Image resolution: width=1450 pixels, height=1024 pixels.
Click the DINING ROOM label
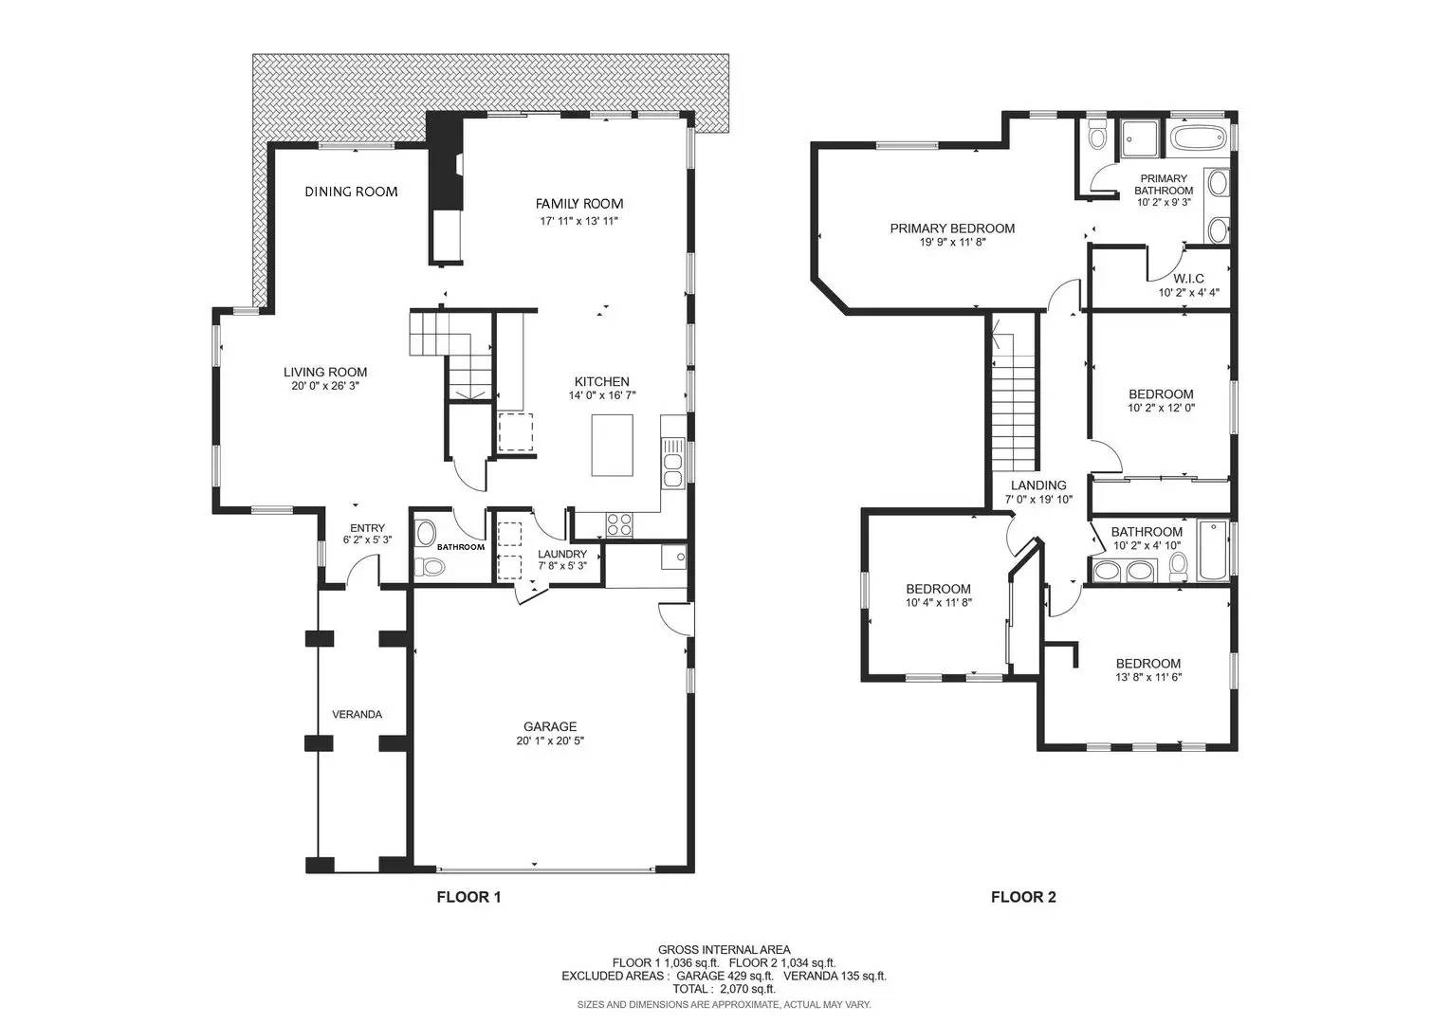(x=351, y=192)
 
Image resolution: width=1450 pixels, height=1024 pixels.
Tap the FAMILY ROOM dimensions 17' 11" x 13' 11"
(x=579, y=221)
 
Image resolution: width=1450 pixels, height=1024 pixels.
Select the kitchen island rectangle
(x=613, y=446)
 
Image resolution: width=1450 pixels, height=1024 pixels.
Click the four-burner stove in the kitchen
(x=619, y=523)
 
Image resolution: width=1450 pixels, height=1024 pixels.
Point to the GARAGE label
(x=550, y=727)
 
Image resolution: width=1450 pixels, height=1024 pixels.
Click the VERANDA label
(x=357, y=715)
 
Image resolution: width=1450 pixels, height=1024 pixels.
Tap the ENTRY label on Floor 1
(x=368, y=528)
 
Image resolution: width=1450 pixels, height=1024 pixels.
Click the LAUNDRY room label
(x=562, y=554)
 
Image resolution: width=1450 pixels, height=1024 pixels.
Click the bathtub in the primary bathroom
(x=1200, y=137)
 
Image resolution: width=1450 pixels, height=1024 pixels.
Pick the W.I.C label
(x=1188, y=279)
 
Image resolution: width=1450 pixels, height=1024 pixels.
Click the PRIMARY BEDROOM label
(x=952, y=229)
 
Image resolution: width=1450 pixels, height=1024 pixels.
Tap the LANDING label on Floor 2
(x=1038, y=485)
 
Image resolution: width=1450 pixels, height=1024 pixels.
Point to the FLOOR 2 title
(x=1023, y=897)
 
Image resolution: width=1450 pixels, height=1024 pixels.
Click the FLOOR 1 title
(x=468, y=897)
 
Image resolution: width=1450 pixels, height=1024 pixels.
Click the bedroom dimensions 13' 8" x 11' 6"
(x=1148, y=677)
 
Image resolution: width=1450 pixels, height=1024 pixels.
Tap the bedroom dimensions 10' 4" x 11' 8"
(x=939, y=603)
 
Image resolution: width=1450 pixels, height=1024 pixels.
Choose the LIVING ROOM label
(x=325, y=373)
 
